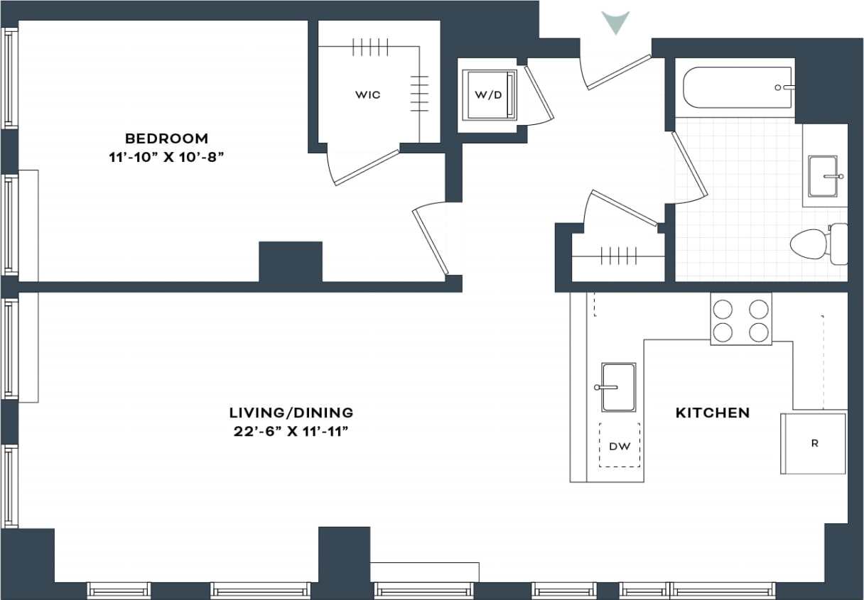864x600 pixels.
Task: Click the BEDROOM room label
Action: (167, 138)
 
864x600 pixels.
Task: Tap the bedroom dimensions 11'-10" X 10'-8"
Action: (167, 157)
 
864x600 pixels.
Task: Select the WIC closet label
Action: (368, 95)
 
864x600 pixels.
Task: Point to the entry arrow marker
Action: (615, 22)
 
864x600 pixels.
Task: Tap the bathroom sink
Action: (823, 175)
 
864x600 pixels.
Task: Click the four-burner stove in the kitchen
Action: (741, 320)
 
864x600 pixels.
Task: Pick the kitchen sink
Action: (617, 387)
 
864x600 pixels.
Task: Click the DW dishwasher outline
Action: (619, 445)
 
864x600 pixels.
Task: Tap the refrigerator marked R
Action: (814, 444)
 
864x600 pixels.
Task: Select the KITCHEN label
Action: (712, 413)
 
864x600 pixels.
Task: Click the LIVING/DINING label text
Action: (291, 412)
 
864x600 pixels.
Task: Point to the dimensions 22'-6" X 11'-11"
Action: (291, 431)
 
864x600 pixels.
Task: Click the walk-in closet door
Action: (365, 168)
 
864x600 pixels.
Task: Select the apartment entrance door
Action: (617, 72)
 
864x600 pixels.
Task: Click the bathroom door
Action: (688, 165)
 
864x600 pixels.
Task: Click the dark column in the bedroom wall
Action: (290, 261)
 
